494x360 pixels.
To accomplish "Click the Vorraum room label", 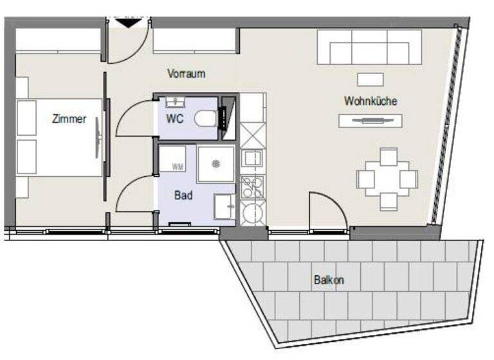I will (x=186, y=73).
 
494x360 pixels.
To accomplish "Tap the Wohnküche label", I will (x=370, y=101).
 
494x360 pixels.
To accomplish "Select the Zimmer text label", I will (x=69, y=119).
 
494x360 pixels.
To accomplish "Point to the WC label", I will (x=176, y=118).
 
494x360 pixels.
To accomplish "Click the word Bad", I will (x=183, y=195).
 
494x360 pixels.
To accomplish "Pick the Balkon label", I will (x=329, y=280).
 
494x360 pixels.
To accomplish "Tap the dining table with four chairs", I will (x=388, y=179).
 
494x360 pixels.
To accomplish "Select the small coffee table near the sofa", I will (x=370, y=79).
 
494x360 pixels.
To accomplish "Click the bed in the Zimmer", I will (x=61, y=138).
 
